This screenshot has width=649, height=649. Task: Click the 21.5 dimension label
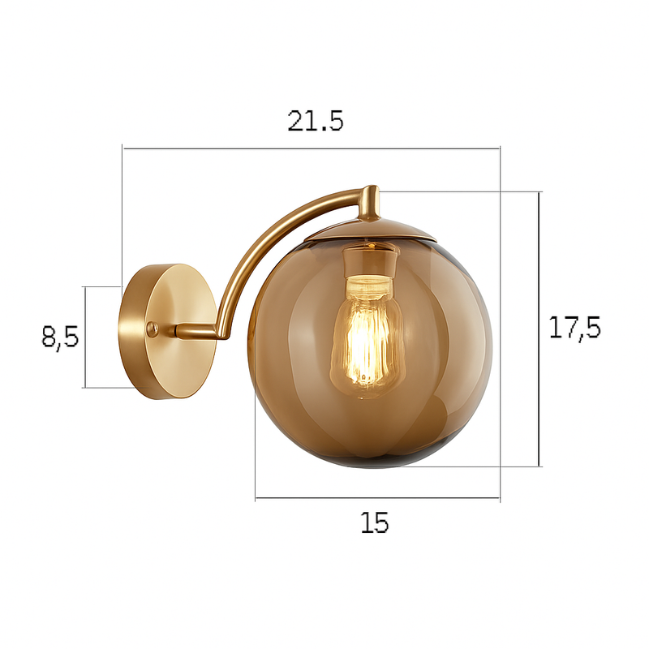[x=316, y=121]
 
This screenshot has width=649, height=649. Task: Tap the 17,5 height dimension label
[x=574, y=329]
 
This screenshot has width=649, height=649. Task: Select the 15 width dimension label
[x=375, y=523]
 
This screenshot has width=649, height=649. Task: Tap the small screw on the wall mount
[x=153, y=328]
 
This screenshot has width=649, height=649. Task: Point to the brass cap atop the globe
[x=371, y=232]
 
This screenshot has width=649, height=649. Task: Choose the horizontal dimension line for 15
[x=377, y=498]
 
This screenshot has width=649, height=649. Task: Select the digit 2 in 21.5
[x=296, y=121]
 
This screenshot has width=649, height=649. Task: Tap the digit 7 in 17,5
[x=567, y=329]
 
